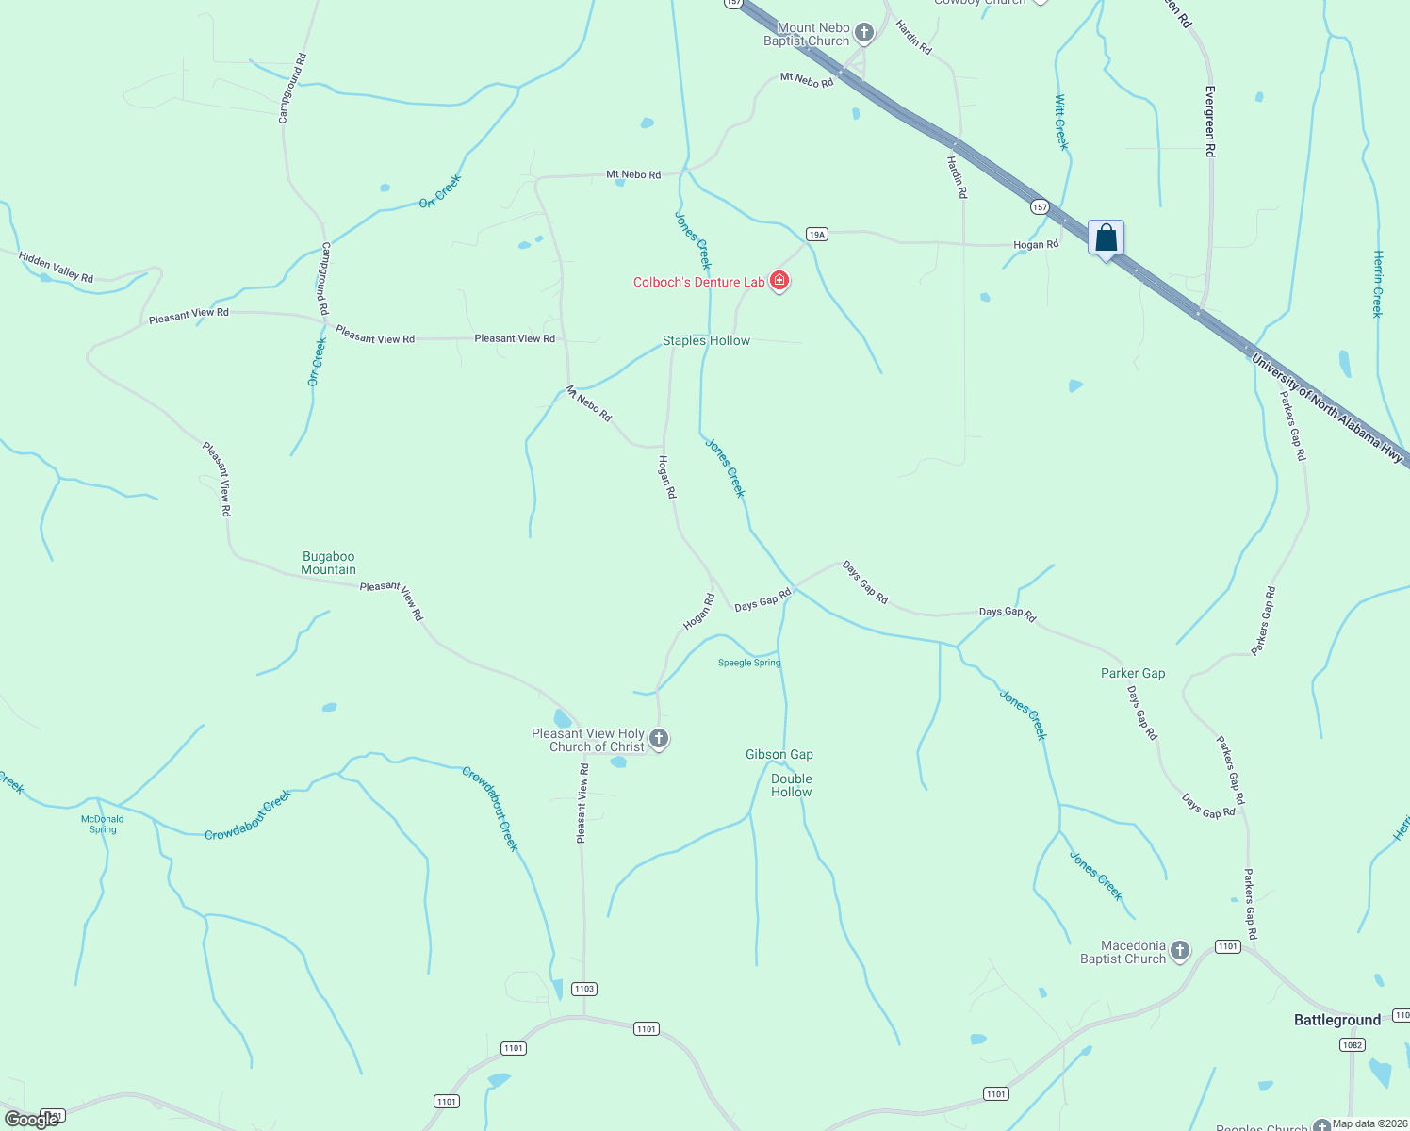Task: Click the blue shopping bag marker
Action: tap(1106, 238)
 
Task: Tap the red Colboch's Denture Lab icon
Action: tap(779, 281)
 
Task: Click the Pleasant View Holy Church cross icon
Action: tap(659, 740)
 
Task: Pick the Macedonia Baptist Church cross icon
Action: tap(1180, 952)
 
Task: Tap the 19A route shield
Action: tap(816, 234)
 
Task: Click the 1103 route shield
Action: tap(583, 989)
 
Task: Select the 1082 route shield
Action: tap(1352, 1044)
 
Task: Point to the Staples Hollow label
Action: tap(706, 340)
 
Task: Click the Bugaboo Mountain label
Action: tap(328, 563)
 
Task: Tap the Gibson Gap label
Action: tap(779, 754)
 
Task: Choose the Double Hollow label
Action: tap(791, 785)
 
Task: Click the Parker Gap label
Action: tap(1132, 673)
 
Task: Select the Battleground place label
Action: tap(1336, 1020)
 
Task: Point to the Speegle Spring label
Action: tap(749, 663)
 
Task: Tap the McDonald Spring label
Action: tap(103, 824)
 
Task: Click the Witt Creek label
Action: tap(1061, 123)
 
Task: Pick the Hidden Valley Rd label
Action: tap(57, 267)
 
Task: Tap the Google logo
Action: tap(32, 1120)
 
